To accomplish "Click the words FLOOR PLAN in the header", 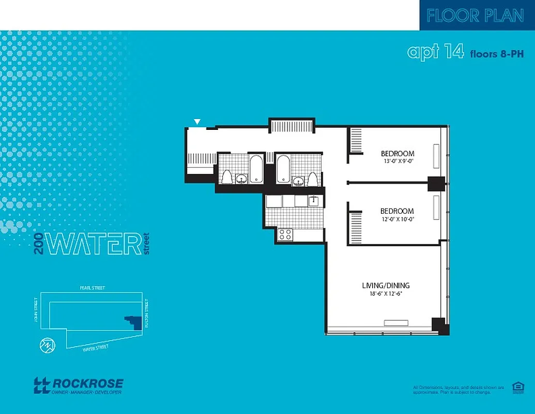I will point(476,16).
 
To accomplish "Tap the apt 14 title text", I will point(435,52).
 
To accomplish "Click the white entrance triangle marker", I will point(196,122).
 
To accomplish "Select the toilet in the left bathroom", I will point(226,177).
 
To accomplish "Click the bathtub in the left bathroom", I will point(256,169).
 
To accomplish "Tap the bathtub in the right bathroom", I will point(283,169).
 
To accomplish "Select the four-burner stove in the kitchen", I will point(285,234).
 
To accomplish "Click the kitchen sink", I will point(313,201).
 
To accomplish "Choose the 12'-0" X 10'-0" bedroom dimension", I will point(397,219).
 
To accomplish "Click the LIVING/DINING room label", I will point(386,285).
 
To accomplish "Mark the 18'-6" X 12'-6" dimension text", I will point(385,294).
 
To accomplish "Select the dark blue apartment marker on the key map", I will point(134,322).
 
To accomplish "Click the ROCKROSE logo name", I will point(87,383).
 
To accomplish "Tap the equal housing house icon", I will point(516,388).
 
